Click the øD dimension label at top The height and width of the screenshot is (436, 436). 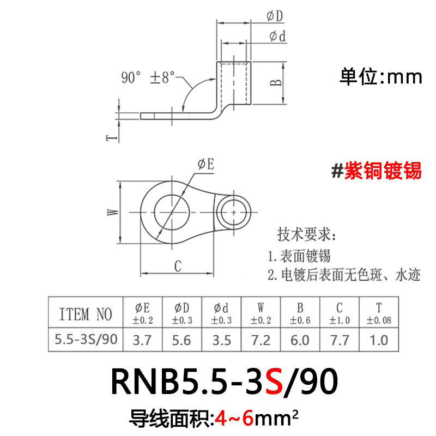pos(275,16)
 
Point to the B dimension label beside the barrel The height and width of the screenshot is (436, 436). pos(277,82)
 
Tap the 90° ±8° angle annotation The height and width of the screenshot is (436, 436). pos(146,77)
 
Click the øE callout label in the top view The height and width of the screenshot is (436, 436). pos(205,165)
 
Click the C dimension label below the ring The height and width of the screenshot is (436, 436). pos(177,267)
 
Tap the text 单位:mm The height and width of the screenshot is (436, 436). pos(381,77)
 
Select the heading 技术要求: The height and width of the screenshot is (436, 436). pos(307,235)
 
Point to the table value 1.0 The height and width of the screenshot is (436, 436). pos(378,340)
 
